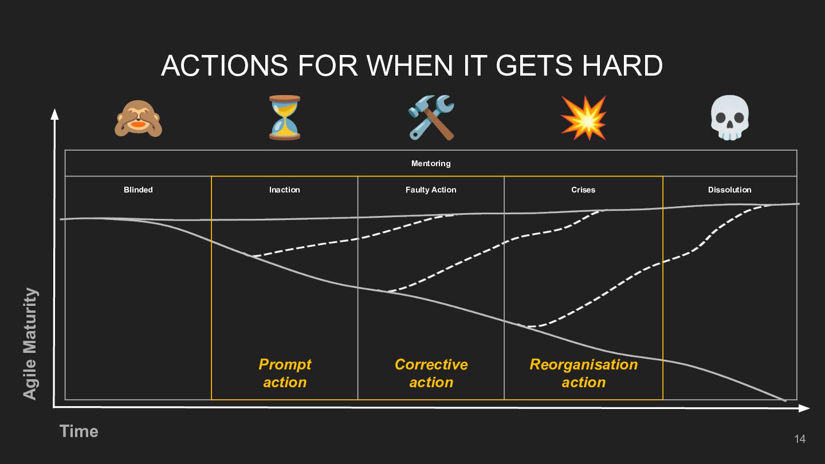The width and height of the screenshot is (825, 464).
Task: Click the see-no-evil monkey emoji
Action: click(138, 117)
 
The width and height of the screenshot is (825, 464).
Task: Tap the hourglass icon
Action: click(285, 117)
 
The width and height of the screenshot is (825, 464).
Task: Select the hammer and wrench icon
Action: click(431, 117)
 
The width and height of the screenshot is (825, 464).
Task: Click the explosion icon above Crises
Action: click(583, 117)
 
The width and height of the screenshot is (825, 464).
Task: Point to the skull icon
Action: click(730, 117)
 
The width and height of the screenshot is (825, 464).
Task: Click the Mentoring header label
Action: click(431, 163)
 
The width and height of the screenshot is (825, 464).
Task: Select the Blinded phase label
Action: click(138, 190)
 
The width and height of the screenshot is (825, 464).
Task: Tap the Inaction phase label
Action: click(285, 190)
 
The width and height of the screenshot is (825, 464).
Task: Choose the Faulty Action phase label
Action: click(431, 190)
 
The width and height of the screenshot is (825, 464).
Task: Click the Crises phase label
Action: click(583, 190)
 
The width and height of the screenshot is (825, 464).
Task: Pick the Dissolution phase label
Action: click(729, 190)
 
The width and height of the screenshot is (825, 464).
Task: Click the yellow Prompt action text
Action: click(285, 373)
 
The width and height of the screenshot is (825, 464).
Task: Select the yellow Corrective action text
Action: click(431, 373)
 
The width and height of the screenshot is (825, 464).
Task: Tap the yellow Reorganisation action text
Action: click(583, 373)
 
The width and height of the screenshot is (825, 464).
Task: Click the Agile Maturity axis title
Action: click(30, 344)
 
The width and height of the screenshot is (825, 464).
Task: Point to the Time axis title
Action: click(79, 431)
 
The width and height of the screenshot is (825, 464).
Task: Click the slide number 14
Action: click(800, 439)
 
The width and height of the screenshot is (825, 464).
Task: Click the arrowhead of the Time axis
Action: click(804, 408)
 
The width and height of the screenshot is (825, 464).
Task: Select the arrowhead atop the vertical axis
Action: click(55, 114)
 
